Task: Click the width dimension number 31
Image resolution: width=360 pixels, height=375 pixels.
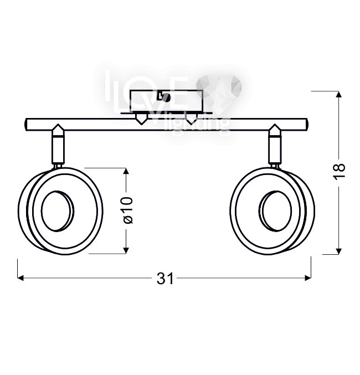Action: point(164,279)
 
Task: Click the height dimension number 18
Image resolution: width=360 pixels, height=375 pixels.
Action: point(340,170)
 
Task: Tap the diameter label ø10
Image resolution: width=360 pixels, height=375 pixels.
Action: point(127,211)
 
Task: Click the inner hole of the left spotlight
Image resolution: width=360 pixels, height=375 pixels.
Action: point(57,212)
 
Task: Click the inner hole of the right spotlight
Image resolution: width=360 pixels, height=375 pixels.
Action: point(275,211)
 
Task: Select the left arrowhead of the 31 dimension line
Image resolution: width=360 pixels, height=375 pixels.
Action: point(21,278)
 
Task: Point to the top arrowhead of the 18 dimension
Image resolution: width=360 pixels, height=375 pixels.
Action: point(339,95)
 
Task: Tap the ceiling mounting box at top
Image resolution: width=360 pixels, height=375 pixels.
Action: point(166,101)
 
